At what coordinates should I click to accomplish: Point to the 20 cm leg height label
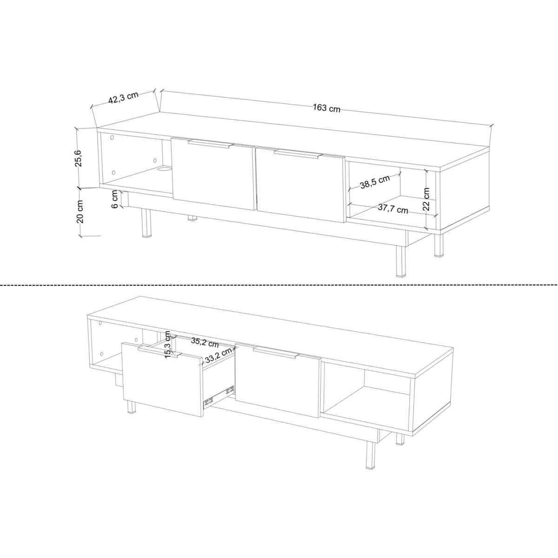[80, 212]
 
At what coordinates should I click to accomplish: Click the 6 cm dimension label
[115, 199]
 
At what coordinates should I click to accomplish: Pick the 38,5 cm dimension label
[375, 182]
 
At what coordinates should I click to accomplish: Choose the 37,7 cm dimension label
[393, 208]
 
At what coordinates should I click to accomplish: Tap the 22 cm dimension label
[426, 199]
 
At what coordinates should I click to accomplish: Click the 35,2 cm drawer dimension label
[205, 343]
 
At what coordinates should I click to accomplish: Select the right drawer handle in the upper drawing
[298, 154]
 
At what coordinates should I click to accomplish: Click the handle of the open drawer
[159, 352]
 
